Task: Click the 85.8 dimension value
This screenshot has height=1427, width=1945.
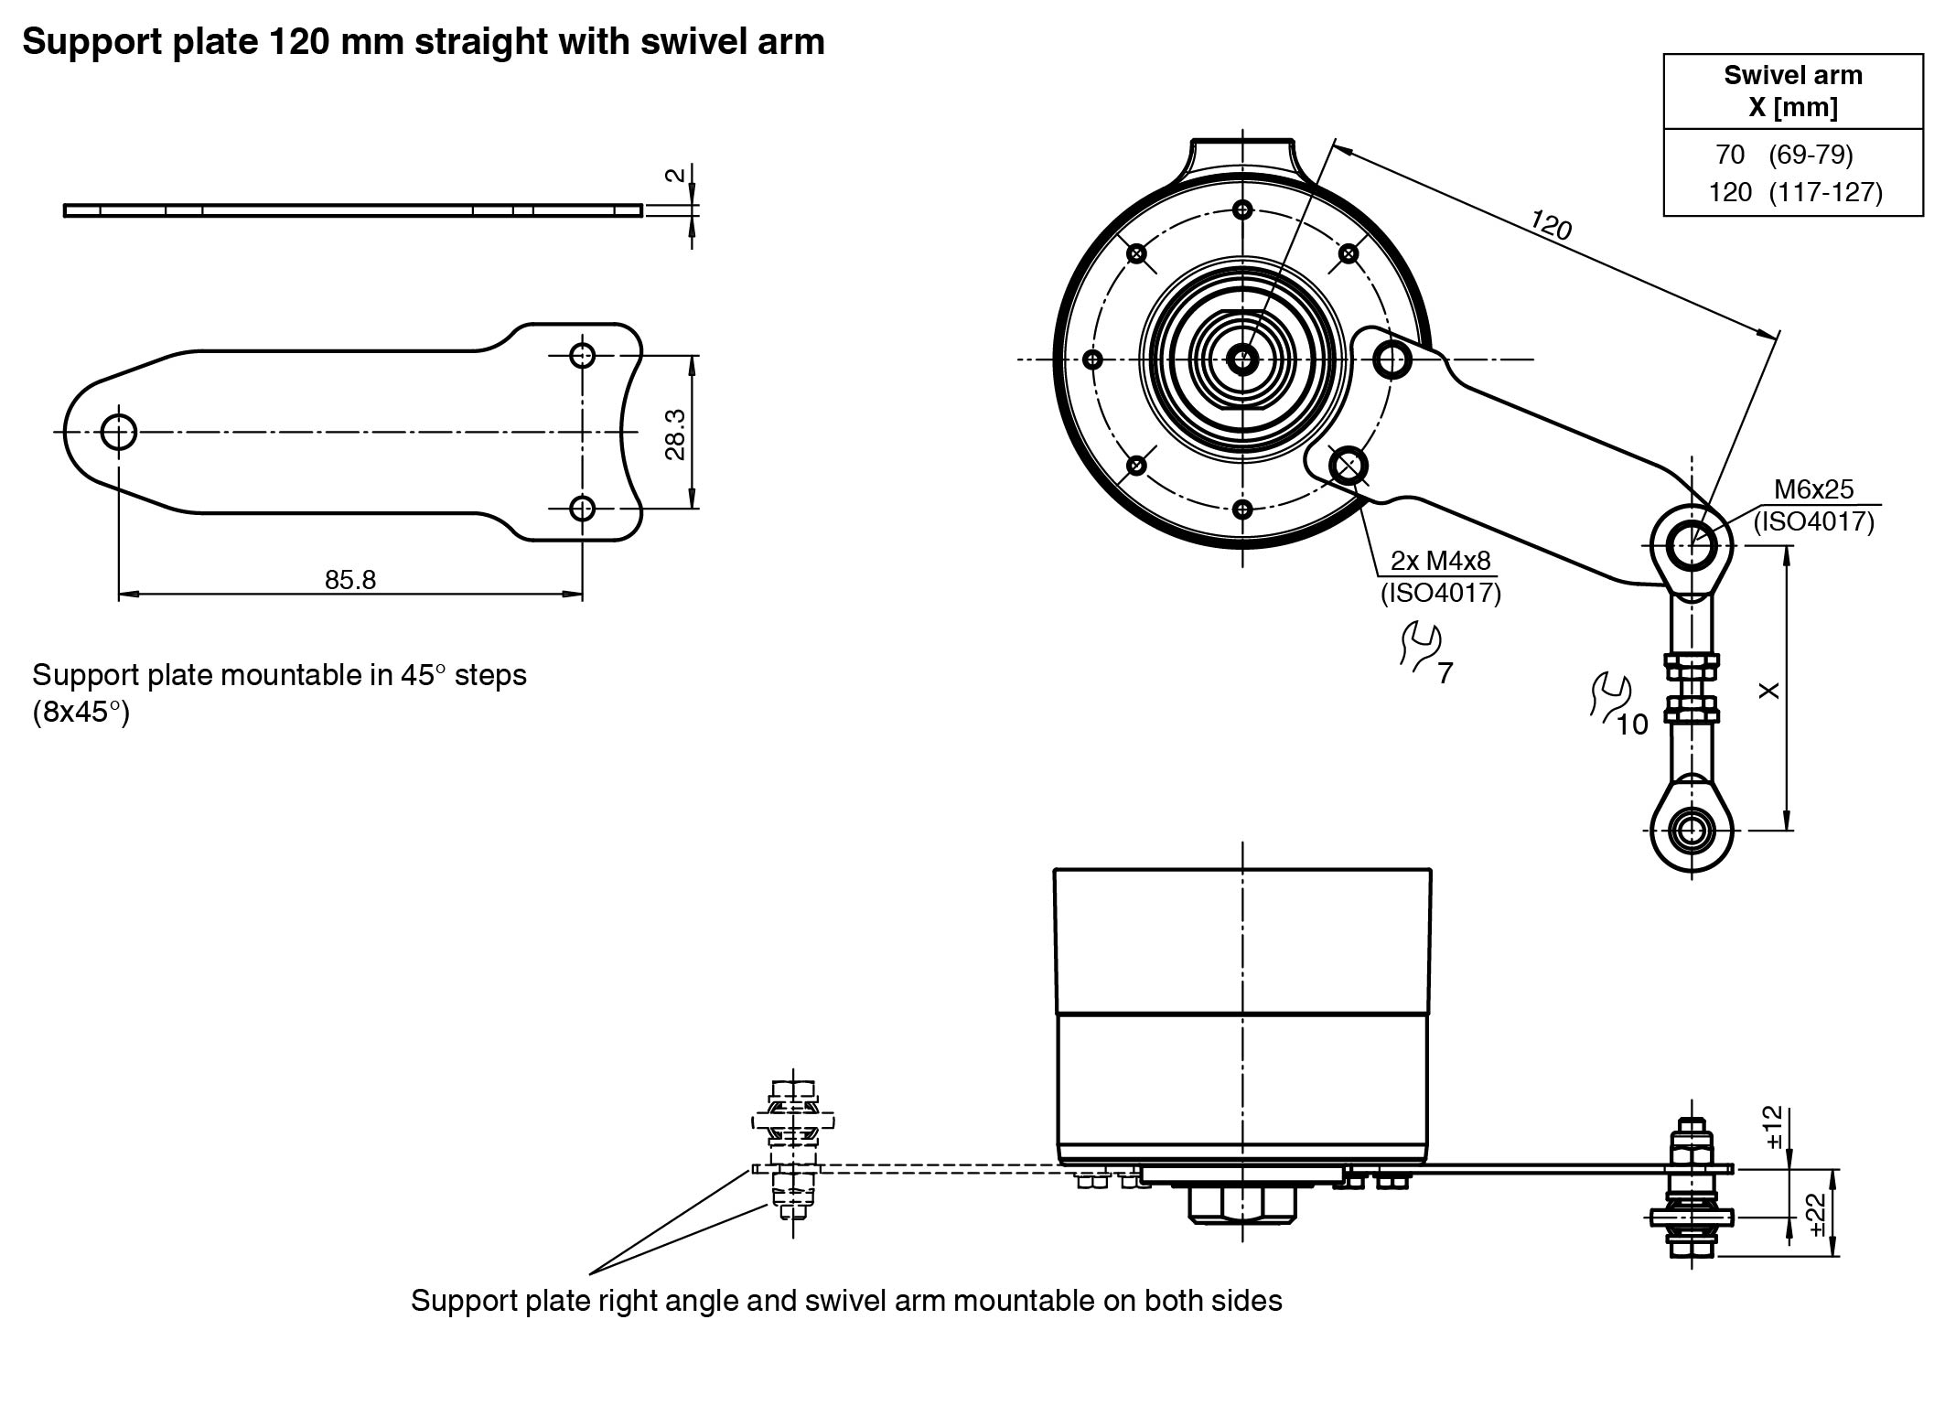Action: (x=350, y=580)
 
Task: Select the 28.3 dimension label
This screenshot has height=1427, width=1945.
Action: (x=675, y=434)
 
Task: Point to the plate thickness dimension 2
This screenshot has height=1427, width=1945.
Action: (x=675, y=175)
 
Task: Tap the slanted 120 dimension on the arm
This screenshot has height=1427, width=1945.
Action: (x=1551, y=225)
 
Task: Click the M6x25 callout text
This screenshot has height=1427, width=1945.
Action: (x=1813, y=489)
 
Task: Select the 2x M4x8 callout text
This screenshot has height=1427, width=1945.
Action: (x=1441, y=560)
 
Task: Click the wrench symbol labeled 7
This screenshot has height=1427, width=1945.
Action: (x=1421, y=647)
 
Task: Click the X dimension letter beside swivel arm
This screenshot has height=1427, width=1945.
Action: (x=1770, y=691)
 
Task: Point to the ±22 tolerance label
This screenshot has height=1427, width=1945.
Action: (x=1817, y=1214)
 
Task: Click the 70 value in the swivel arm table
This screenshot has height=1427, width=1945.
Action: (x=1730, y=156)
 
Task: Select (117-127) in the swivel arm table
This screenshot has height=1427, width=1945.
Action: (x=1825, y=193)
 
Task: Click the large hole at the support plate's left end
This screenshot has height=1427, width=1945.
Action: (x=119, y=431)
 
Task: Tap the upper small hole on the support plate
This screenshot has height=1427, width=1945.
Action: (x=582, y=355)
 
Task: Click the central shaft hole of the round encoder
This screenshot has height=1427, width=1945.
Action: (x=1241, y=359)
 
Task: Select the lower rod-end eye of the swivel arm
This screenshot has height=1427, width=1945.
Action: (x=1692, y=831)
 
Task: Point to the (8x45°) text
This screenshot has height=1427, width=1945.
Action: (x=81, y=713)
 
